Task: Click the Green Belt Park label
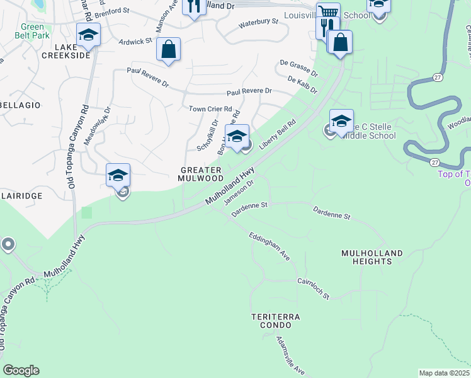32,31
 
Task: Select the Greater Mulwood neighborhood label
201,174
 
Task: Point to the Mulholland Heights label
372,257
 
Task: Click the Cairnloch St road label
313,287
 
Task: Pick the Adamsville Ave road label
290,355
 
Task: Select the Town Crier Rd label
210,109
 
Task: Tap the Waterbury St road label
258,24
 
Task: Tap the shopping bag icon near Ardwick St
168,50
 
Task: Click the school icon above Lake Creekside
88,35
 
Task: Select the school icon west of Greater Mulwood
118,176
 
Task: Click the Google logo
21,370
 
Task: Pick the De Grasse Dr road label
299,68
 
